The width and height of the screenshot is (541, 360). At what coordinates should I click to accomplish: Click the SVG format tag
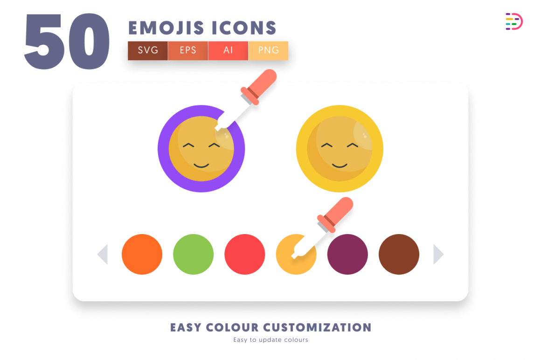pyautogui.click(x=148, y=50)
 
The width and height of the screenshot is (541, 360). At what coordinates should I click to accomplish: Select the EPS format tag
pyautogui.click(x=188, y=50)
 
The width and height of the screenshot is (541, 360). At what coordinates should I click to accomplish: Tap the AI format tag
pyautogui.click(x=228, y=50)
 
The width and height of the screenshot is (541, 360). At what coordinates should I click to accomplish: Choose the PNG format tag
pyautogui.click(x=268, y=50)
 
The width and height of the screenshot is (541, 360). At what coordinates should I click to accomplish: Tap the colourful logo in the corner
pyautogui.click(x=513, y=21)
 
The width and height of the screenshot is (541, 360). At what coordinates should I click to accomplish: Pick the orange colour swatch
pyautogui.click(x=142, y=254)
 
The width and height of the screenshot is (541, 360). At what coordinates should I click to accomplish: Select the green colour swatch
pyautogui.click(x=193, y=254)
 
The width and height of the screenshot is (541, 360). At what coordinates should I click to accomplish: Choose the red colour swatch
pyautogui.click(x=245, y=254)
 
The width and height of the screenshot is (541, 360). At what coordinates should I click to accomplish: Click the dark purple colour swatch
pyautogui.click(x=347, y=254)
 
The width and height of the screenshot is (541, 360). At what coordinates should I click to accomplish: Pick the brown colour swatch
pyautogui.click(x=399, y=254)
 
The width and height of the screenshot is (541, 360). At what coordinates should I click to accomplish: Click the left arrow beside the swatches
pyautogui.click(x=103, y=254)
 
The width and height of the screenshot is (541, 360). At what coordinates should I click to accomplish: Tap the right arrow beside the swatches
pyautogui.click(x=438, y=254)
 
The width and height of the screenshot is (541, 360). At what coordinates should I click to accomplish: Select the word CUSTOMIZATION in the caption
pyautogui.click(x=317, y=327)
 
